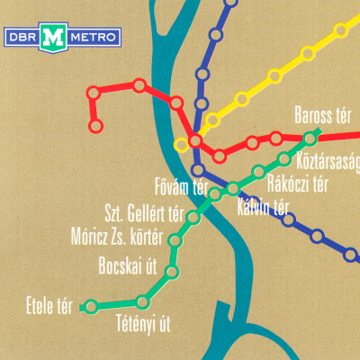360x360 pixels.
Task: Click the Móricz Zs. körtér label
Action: pyautogui.click(x=116, y=239)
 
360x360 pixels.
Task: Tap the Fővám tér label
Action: pyautogui.click(x=182, y=188)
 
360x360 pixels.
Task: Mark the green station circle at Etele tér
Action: pyautogui.click(x=89, y=307)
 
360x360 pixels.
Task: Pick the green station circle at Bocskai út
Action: pyautogui.click(x=173, y=270)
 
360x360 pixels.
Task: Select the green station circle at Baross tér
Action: pyautogui.click(x=311, y=138)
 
